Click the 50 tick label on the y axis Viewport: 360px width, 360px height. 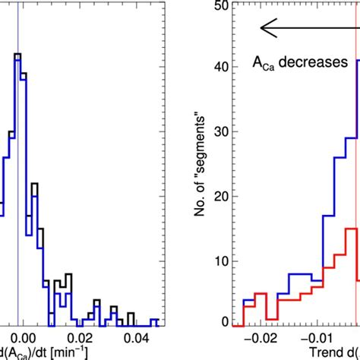click(x=219, y=6)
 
